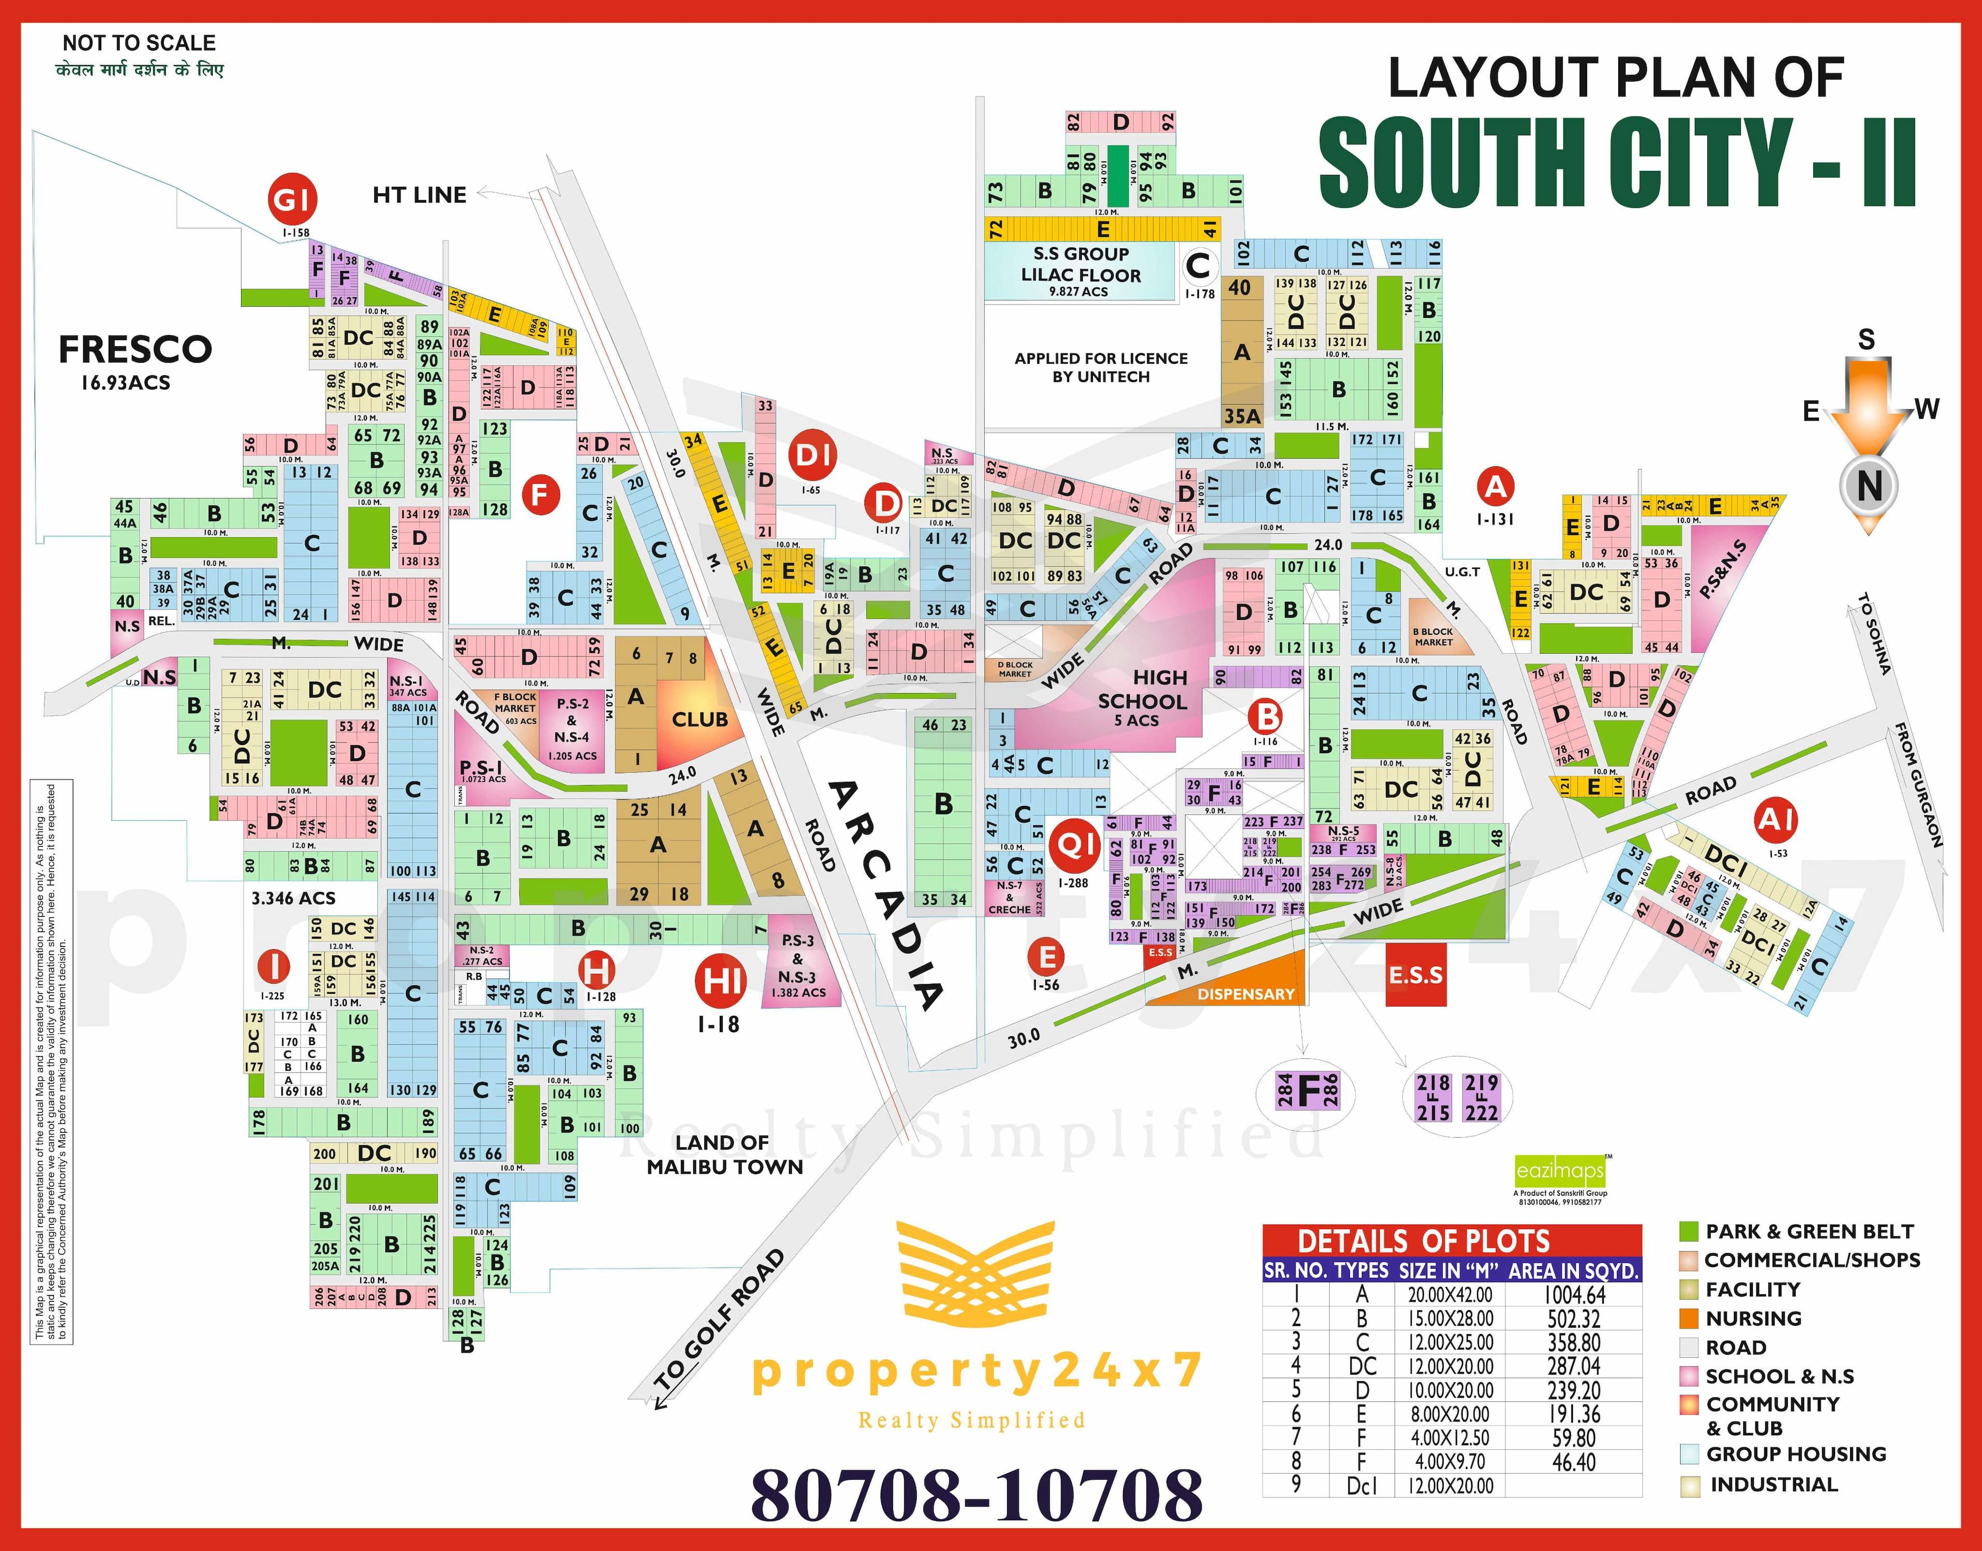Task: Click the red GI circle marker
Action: (292, 199)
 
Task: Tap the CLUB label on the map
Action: (699, 719)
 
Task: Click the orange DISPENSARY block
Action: (1245, 994)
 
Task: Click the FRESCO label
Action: (135, 349)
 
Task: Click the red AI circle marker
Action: (1776, 821)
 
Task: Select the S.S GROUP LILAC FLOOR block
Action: (1080, 270)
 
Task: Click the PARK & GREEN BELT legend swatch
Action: (1689, 1232)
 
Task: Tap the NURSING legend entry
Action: (1752, 1319)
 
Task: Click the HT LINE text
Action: (420, 195)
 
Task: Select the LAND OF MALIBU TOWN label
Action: (724, 1154)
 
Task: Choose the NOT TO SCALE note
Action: (139, 43)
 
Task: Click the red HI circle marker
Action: (722, 981)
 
